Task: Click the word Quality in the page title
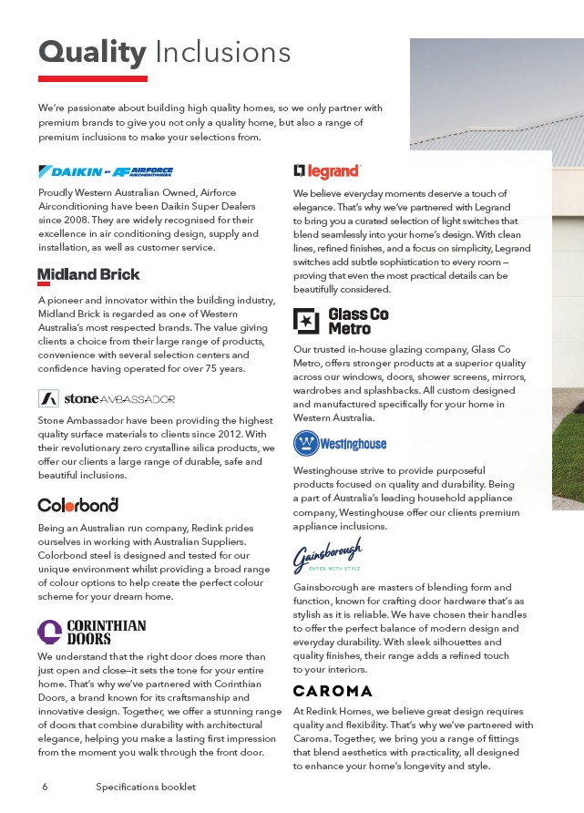[92, 52]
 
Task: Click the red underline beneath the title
[92, 79]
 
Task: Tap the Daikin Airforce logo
[106, 171]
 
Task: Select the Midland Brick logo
[88, 275]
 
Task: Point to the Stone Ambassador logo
[107, 399]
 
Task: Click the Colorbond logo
[78, 504]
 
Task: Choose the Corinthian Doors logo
[91, 632]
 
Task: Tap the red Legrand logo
[327, 170]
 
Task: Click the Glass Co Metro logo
[342, 321]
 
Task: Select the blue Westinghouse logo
[340, 443]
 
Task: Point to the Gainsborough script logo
[327, 554]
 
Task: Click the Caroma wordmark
[333, 690]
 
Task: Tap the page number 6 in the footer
[44, 786]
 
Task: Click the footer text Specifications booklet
[146, 786]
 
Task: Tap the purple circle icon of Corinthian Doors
[49, 632]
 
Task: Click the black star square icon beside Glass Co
[306, 321]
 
